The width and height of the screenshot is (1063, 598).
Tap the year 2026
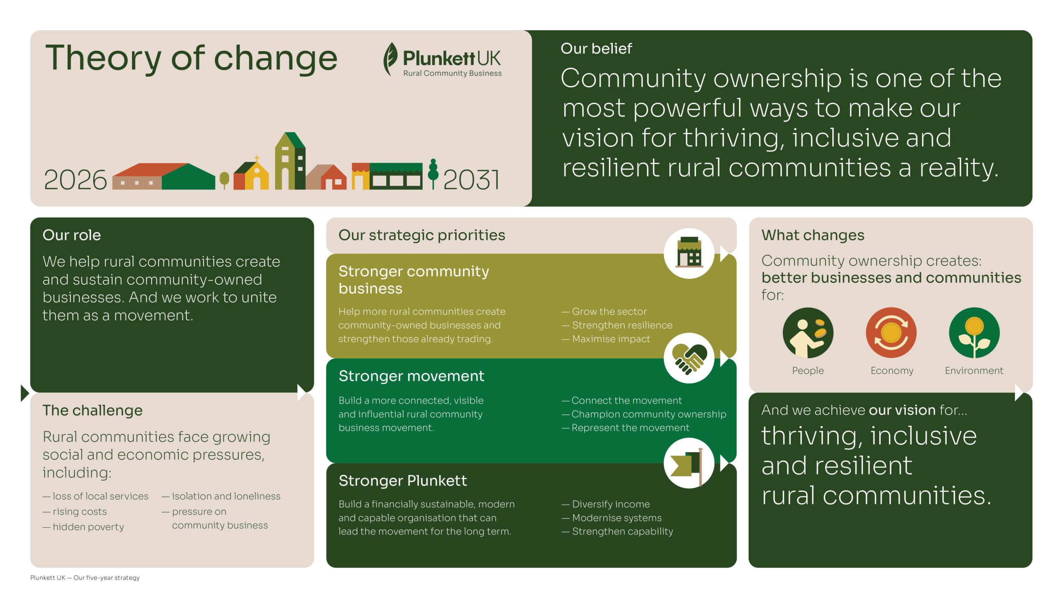pos(75,180)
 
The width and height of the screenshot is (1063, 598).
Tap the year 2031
pos(471,180)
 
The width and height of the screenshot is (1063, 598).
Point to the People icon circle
pos(808,333)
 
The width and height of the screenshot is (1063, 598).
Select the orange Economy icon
pos(891,333)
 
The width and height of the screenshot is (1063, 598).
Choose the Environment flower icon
pos(974,333)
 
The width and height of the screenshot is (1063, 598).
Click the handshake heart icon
pos(689,358)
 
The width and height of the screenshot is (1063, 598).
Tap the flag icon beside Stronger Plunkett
pos(689,463)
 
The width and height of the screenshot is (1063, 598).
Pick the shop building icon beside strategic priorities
pos(689,253)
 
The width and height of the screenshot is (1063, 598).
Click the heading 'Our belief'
pos(596,49)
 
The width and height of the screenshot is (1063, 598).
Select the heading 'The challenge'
pos(93,410)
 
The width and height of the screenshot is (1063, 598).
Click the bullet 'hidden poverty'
pos(83,527)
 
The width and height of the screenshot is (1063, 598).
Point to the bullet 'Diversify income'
pos(606,504)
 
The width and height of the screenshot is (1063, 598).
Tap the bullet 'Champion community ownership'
pos(644,414)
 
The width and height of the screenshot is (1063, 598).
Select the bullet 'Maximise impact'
pos(606,339)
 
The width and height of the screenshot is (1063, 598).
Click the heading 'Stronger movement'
pos(411,376)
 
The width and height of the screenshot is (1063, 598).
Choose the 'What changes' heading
pos(813,235)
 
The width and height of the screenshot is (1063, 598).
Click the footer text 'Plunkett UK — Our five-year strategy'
pos(85,578)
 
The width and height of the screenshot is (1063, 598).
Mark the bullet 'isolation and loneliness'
pos(221,496)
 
